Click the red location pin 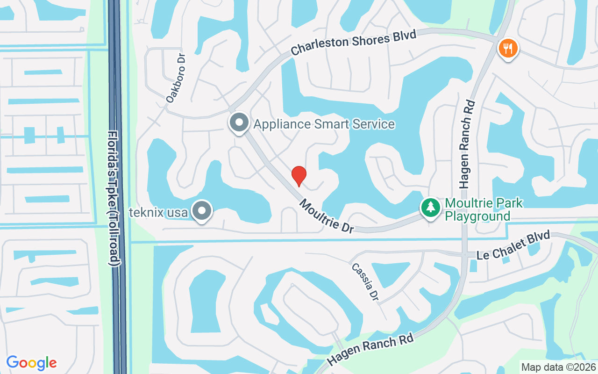(299, 176)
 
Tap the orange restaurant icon (506, 48)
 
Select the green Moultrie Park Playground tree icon (430, 207)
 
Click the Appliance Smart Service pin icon (239, 123)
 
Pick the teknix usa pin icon (202, 211)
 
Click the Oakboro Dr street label (176, 77)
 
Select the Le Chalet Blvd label (513, 246)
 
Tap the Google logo (31, 362)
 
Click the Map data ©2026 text (559, 367)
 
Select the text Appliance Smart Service (324, 124)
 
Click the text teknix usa (159, 213)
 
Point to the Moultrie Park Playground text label (484, 209)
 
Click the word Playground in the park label (477, 216)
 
